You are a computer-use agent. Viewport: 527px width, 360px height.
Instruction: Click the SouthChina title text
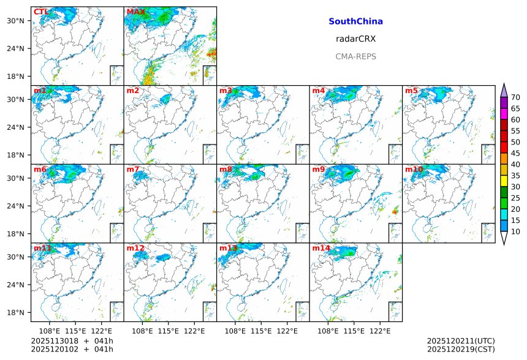tap(355, 21)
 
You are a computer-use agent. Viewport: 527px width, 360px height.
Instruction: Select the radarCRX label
tap(355, 39)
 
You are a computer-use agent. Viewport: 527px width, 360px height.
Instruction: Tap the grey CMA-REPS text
tap(355, 56)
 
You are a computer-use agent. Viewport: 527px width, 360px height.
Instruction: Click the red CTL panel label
tap(41, 12)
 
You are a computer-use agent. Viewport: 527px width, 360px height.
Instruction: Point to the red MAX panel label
tap(135, 12)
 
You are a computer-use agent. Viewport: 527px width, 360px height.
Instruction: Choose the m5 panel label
tap(411, 91)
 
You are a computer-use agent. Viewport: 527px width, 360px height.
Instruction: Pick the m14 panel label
tap(320, 248)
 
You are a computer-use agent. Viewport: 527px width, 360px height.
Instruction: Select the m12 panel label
tap(135, 248)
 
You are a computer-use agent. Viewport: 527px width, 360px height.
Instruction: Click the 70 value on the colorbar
tap(515, 97)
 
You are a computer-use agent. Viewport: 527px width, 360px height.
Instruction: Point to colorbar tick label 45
tap(515, 153)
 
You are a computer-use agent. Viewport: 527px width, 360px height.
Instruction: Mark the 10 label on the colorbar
tap(515, 231)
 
